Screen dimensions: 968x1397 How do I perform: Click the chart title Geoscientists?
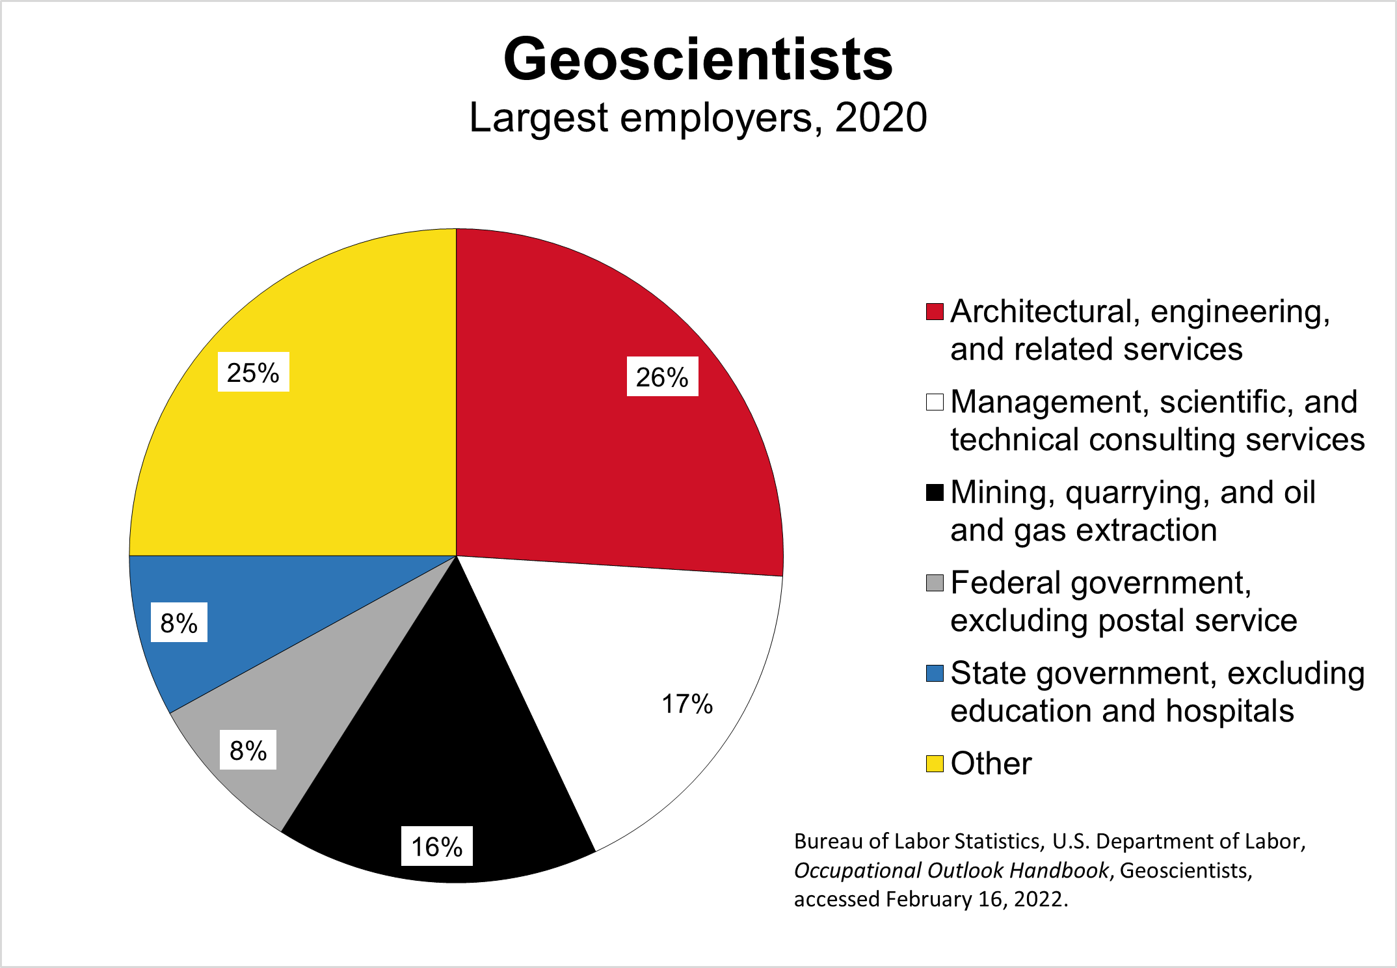[698, 60]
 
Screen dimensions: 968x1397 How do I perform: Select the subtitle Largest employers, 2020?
[698, 118]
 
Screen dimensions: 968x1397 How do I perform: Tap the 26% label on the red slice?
[662, 377]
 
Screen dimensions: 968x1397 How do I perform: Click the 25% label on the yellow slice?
[253, 372]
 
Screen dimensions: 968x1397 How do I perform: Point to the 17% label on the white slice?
[687, 704]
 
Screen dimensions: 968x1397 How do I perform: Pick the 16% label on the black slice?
[436, 846]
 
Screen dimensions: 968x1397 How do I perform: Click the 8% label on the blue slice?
[179, 623]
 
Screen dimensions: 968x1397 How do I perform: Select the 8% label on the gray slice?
[248, 750]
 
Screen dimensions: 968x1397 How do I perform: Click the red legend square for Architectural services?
[935, 312]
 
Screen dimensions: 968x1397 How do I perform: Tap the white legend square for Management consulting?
[935, 402]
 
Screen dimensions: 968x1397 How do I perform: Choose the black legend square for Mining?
[935, 492]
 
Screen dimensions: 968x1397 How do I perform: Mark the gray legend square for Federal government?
[935, 583]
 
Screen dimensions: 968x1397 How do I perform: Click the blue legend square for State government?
[935, 673]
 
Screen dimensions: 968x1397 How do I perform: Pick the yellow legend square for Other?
[935, 764]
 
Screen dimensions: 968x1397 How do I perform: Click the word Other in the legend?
[991, 764]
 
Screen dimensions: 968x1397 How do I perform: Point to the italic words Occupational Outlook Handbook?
[951, 870]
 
